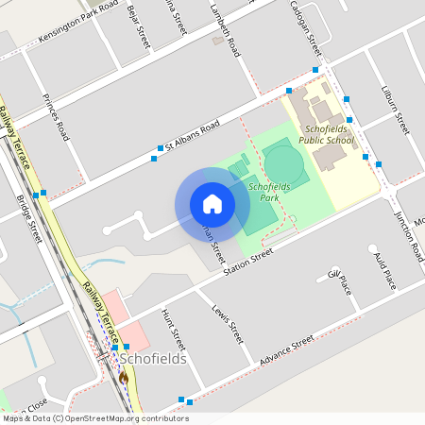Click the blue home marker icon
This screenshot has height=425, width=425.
(212, 204)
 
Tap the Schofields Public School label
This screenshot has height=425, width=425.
(326, 134)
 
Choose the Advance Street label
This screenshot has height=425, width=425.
(287, 352)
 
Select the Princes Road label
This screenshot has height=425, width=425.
(57, 118)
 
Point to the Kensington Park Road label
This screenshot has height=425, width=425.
(80, 28)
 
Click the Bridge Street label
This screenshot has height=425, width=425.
(28, 217)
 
